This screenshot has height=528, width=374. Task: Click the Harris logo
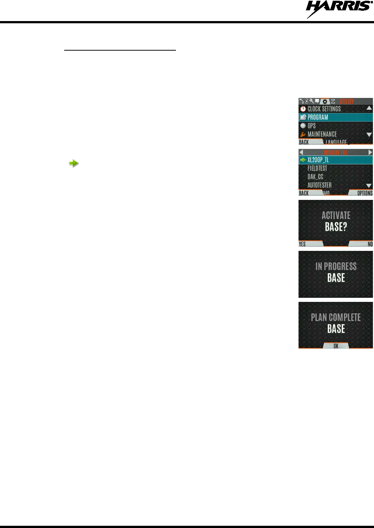tap(339, 8)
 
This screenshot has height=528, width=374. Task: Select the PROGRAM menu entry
tap(318, 117)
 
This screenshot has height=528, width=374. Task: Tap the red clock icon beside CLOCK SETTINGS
tap(303, 109)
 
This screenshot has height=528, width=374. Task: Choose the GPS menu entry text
tap(312, 126)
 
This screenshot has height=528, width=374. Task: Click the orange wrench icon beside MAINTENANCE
tap(303, 134)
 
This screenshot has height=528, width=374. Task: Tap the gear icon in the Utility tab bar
tap(325, 102)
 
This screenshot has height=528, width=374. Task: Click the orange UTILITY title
tap(346, 101)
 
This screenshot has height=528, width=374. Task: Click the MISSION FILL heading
tap(336, 152)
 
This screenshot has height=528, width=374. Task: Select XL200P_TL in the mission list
tap(318, 160)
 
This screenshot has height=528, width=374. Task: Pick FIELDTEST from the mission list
tap(317, 168)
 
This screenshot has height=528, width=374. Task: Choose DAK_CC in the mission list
tap(315, 177)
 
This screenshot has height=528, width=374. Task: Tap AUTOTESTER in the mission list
tap(319, 185)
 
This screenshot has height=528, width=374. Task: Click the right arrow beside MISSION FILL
tap(370, 152)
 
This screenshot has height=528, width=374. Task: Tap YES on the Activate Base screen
tap(302, 244)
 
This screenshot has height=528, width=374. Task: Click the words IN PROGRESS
tap(336, 266)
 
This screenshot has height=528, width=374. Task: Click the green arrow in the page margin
tap(74, 163)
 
